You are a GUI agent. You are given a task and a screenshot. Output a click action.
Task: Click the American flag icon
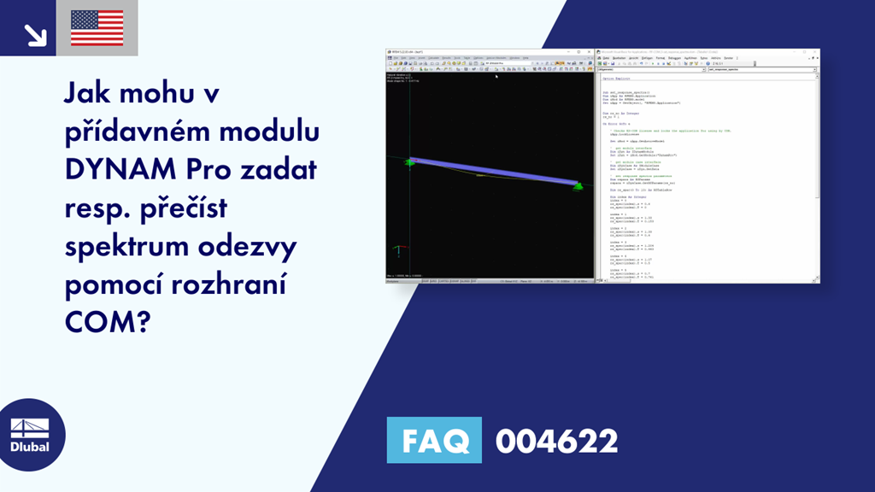[97, 28]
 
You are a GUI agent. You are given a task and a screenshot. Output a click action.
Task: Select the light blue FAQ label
[434, 441]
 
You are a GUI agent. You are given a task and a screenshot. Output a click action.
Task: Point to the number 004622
[556, 442]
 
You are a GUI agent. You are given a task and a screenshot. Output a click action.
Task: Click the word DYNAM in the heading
[115, 170]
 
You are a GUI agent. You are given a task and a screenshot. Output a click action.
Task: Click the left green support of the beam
[409, 162]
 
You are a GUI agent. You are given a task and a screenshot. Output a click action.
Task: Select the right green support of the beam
[577, 185]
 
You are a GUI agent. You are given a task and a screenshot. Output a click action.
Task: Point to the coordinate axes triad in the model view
[396, 252]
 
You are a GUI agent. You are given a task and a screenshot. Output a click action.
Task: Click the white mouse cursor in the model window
[496, 76]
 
